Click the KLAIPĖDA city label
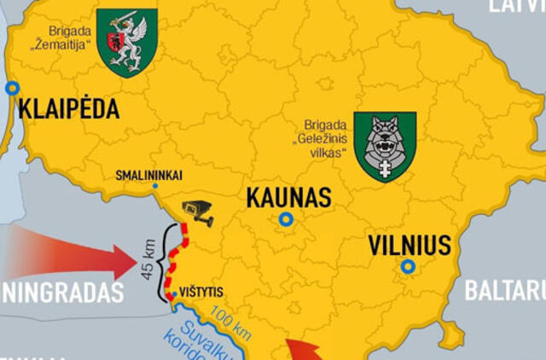click(68, 109)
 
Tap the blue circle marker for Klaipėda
click(12, 88)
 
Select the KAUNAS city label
click(288, 198)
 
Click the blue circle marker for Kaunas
click(286, 219)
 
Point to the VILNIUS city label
click(409, 246)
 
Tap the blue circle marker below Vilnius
click(409, 267)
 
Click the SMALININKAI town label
click(148, 176)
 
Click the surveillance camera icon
click(198, 212)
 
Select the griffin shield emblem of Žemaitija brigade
click(126, 42)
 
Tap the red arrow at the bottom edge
click(304, 351)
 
